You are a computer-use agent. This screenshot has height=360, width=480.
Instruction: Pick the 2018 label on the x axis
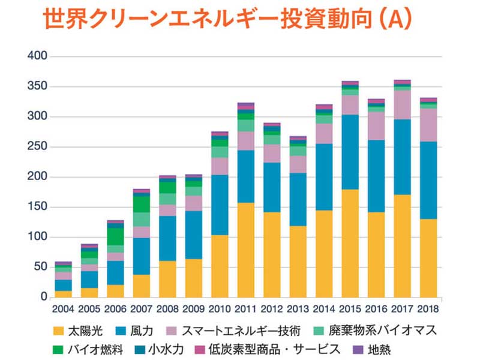(x=428, y=309)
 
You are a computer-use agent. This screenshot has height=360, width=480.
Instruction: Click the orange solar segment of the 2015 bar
(x=350, y=243)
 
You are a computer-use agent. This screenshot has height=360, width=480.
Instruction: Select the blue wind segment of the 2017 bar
(x=403, y=157)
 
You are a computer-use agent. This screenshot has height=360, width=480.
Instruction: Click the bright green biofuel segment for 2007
(x=142, y=204)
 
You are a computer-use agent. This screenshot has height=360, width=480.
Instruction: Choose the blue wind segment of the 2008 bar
(x=168, y=238)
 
